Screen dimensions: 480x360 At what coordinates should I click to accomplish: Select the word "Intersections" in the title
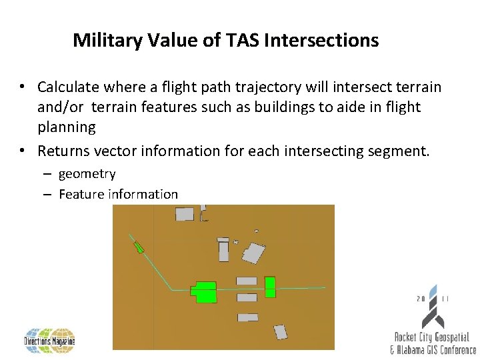(x=321, y=41)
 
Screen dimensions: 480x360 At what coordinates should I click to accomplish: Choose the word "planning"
(x=67, y=127)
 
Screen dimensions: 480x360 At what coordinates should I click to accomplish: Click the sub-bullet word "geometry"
(x=87, y=174)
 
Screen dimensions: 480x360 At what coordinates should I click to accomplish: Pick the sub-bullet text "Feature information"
(x=118, y=195)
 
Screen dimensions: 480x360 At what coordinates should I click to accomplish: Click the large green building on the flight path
(x=204, y=292)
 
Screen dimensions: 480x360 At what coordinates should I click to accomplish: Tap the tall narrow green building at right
(x=270, y=287)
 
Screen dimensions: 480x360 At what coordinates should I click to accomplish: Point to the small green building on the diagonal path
(x=139, y=248)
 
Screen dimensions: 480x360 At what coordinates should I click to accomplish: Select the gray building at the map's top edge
(x=185, y=213)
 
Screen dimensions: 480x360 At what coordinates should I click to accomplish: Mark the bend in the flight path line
(x=171, y=289)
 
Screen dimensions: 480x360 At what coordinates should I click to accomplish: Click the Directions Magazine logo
(x=50, y=340)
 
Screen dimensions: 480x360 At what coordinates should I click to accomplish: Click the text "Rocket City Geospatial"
(x=432, y=338)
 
